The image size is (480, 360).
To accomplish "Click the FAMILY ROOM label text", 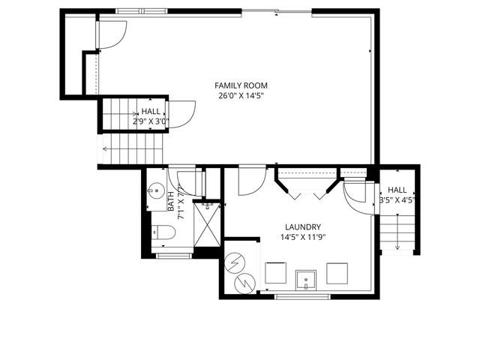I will point(241,85).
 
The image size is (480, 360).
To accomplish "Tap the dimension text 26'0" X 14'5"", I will point(241,96).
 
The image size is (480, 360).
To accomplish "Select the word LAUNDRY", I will point(303,227).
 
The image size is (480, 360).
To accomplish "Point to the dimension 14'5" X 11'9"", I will point(303,238).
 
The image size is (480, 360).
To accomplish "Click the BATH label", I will point(170,200).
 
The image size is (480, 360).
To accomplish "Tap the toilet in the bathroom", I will point(164,234).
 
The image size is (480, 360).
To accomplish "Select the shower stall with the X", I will point(207,223).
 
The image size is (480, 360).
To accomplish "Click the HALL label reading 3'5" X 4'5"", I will point(397,196).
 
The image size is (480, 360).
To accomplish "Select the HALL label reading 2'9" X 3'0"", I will point(151,116).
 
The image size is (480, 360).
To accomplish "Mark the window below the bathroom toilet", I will point(173,256).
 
